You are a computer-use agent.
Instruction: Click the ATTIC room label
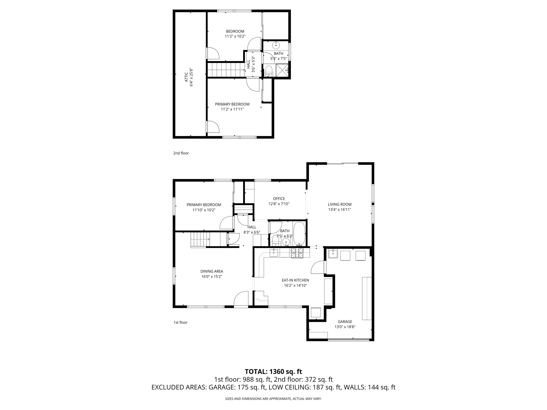(x=186, y=77)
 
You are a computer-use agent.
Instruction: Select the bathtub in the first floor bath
(x=299, y=234)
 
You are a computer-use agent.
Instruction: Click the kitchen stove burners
(x=297, y=253)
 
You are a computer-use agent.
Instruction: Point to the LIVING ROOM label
(x=339, y=204)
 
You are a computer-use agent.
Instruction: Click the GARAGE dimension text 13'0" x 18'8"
(x=345, y=327)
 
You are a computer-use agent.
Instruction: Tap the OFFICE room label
(x=279, y=199)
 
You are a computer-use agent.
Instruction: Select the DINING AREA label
(x=212, y=271)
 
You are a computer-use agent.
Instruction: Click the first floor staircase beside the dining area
(x=200, y=239)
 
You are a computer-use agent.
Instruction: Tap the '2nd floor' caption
(x=181, y=153)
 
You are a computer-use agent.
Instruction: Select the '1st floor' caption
(x=180, y=322)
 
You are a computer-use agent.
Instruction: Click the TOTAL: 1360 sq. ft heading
(x=273, y=372)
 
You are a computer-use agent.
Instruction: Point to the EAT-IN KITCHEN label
(x=295, y=280)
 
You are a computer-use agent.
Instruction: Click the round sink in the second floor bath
(x=276, y=46)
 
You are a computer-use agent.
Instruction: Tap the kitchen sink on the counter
(x=274, y=253)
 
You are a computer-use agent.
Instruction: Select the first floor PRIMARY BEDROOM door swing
(x=226, y=223)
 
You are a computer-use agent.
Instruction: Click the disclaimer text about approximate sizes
(x=273, y=399)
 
